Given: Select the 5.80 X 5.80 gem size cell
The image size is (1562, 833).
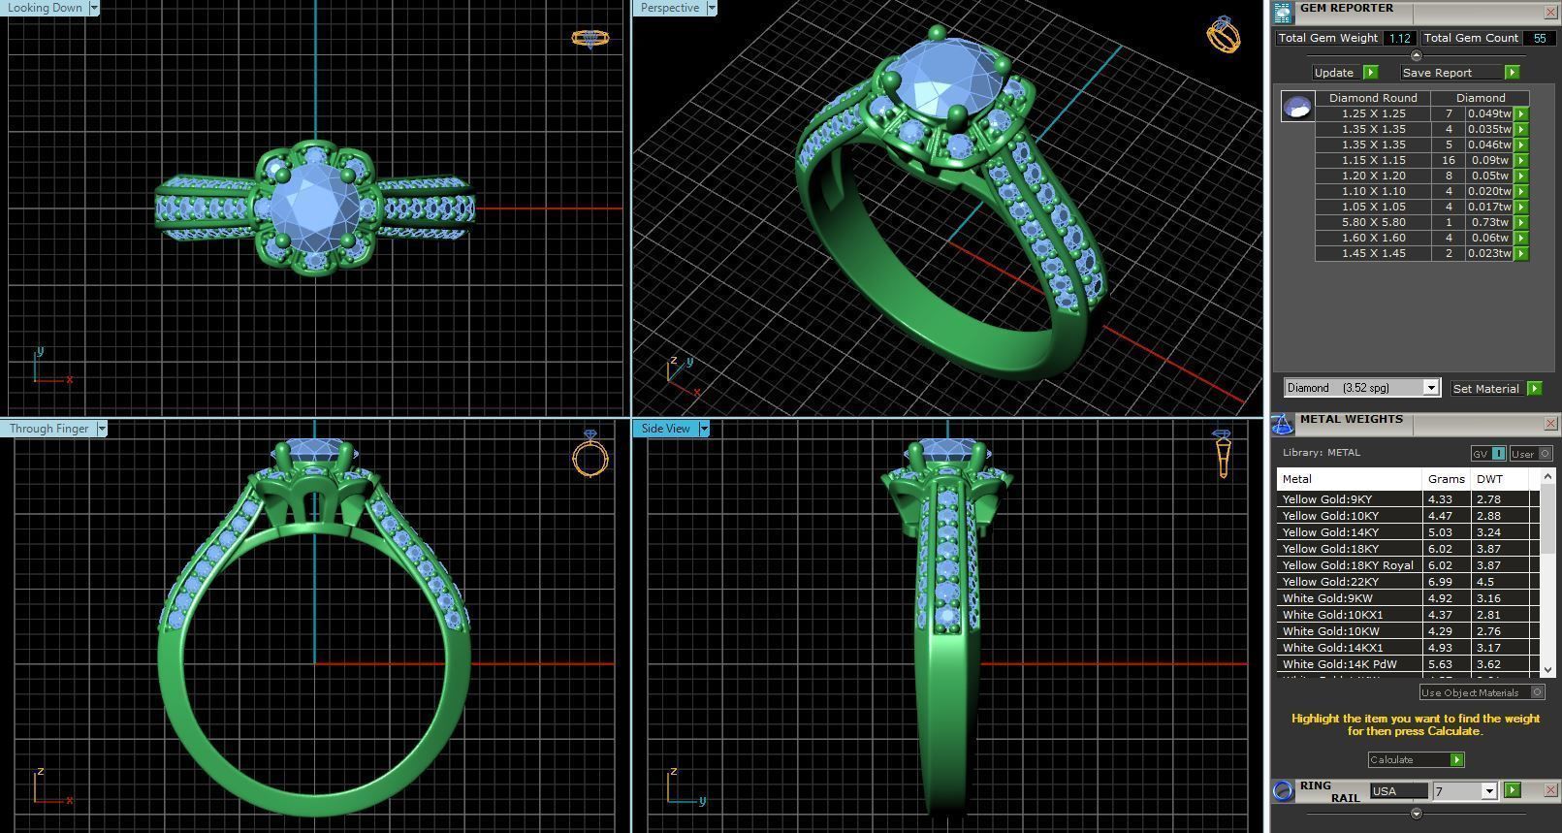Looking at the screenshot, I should point(1373,222).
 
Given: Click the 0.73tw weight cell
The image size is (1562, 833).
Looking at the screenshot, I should point(1488,222).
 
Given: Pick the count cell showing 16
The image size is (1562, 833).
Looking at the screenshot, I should point(1449,160).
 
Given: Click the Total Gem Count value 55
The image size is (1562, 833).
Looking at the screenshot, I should point(1539,38).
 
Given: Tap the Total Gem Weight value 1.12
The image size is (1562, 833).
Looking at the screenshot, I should point(1399,38).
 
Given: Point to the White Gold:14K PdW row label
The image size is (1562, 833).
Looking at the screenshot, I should point(1339,664).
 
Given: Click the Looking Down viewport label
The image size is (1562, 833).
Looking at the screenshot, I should point(45,8).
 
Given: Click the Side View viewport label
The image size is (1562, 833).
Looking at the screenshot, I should point(665,429).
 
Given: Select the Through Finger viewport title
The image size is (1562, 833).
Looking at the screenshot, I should point(48,429).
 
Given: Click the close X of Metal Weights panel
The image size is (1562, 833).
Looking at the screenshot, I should point(1549,423).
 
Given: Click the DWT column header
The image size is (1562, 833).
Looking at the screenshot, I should point(1489,479).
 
